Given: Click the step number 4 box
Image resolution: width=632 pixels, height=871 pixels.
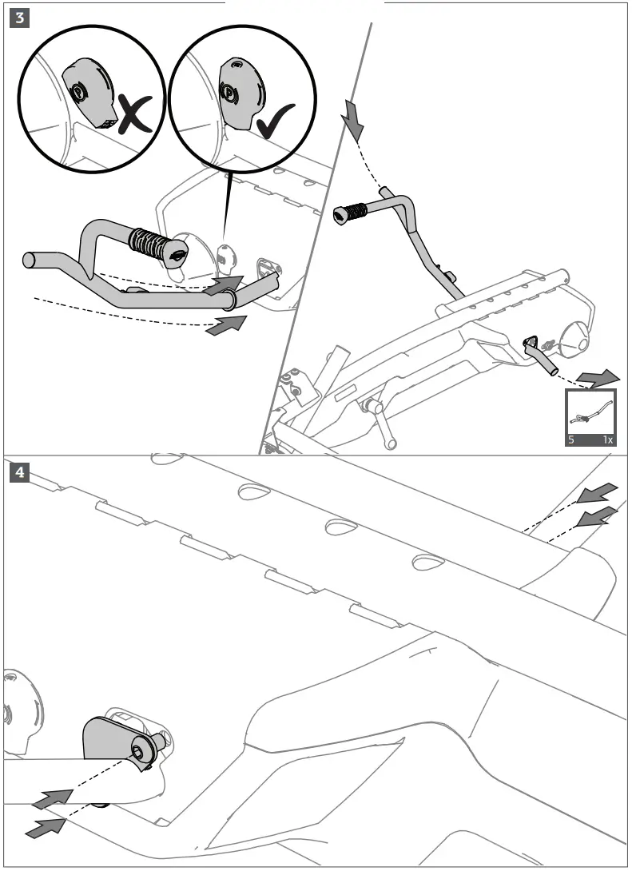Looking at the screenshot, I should (x=19, y=472).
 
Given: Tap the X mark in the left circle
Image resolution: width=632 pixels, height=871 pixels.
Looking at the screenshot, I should (x=135, y=113).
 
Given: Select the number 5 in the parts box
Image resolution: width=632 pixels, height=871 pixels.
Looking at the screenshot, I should (x=572, y=439).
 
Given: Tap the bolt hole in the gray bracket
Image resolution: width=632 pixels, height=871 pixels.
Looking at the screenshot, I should (x=140, y=751).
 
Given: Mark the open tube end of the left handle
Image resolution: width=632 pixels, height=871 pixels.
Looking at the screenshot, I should (x=30, y=260).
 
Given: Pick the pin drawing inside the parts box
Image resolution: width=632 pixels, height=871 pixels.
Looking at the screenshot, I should (x=591, y=413).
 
